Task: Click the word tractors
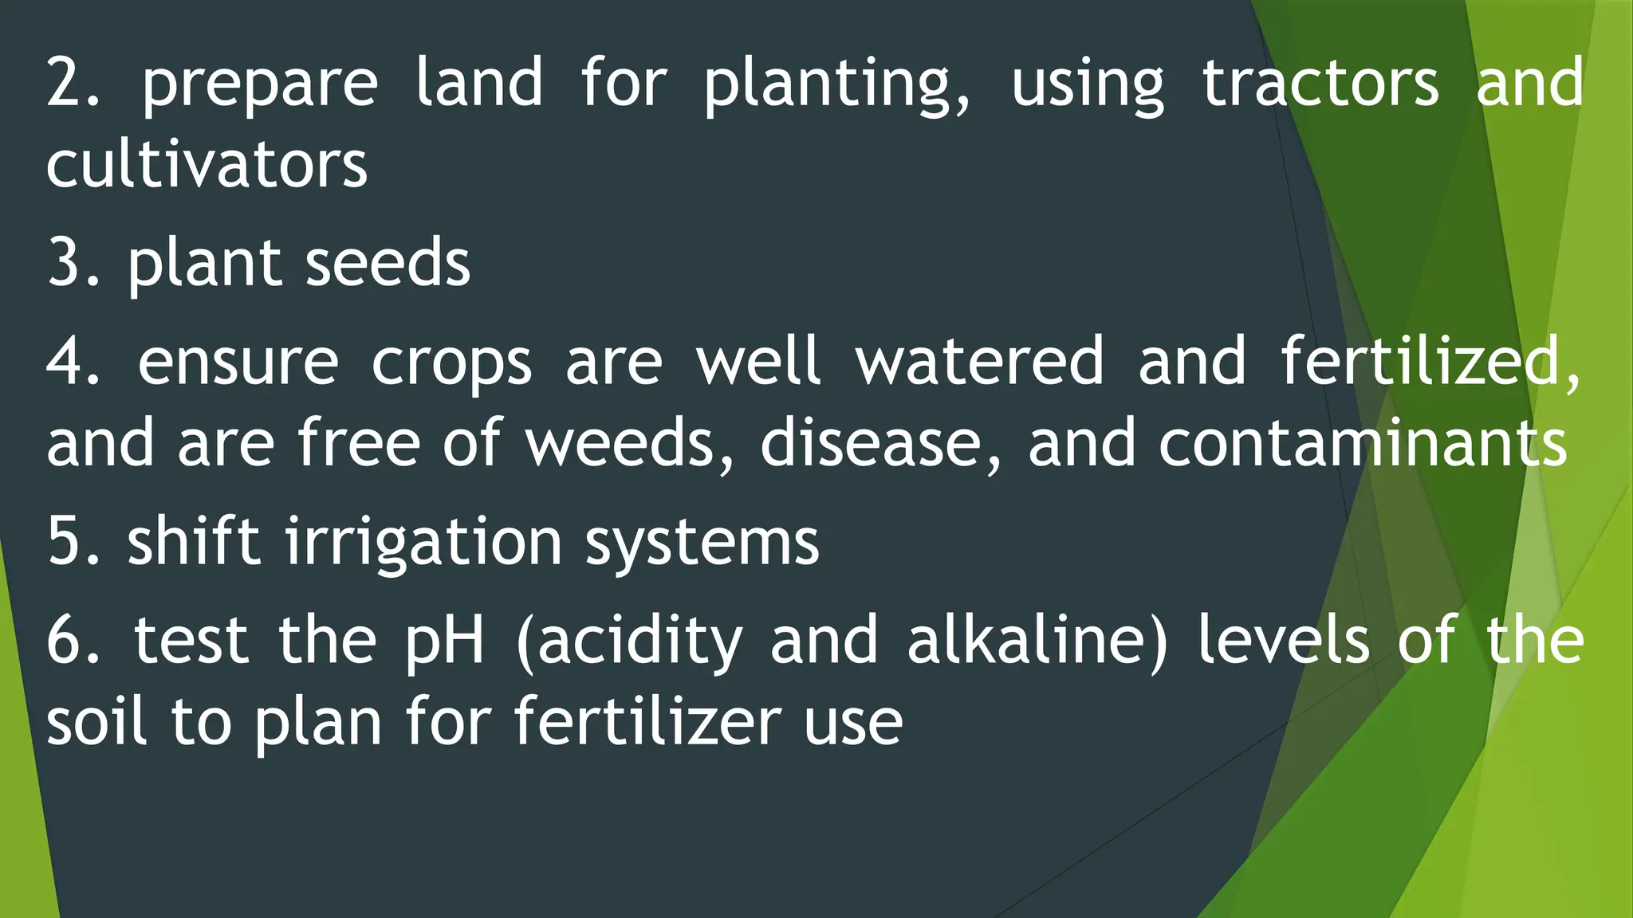coord(1320,83)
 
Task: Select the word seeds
coord(388,263)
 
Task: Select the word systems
coord(702,542)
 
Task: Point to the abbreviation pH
coord(444,641)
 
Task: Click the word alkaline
coord(1037,641)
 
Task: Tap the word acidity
coord(630,641)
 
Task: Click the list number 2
coord(72,83)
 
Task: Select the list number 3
coord(72,263)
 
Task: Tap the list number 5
coord(72,542)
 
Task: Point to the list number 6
coord(72,641)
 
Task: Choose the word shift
coord(194,542)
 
